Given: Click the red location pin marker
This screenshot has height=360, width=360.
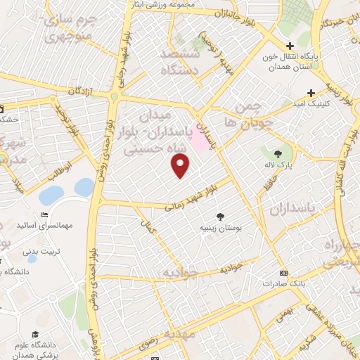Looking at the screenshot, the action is pyautogui.click(x=181, y=166).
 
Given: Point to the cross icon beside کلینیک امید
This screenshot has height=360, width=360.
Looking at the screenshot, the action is pyautogui.click(x=311, y=92).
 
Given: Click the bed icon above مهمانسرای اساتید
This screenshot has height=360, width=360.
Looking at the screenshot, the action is pyautogui.click(x=44, y=214).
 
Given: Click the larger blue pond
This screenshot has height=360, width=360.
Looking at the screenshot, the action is pyautogui.click(x=51, y=195).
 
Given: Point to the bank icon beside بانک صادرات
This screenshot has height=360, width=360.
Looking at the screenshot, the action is pyautogui.click(x=283, y=273).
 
